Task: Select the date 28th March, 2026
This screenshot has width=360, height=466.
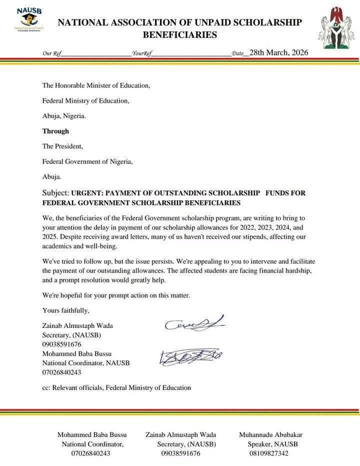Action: pyautogui.click(x=278, y=52)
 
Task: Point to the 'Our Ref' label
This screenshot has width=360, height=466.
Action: pyautogui.click(x=50, y=53)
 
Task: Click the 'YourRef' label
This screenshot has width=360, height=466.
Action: pyautogui.click(x=141, y=53)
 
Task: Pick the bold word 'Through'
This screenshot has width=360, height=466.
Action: pyautogui.click(x=55, y=131)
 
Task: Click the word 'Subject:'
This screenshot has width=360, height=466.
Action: pyautogui.click(x=55, y=193)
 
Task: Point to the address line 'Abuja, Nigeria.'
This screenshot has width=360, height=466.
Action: pyautogui.click(x=64, y=115)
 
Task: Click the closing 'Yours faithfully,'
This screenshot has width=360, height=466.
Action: pyautogui.click(x=66, y=310)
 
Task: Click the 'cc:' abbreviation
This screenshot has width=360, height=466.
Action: pyautogui.click(x=46, y=387)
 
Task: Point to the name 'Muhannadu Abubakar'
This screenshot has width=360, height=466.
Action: pyautogui.click(x=270, y=434)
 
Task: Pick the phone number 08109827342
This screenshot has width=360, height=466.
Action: pyautogui.click(x=269, y=453)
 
